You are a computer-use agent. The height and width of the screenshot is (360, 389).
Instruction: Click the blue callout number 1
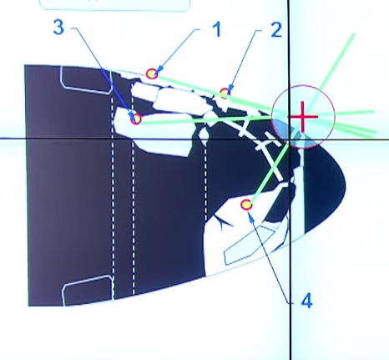pos(217,29)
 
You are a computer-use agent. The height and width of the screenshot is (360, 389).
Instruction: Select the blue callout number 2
pos(276,30)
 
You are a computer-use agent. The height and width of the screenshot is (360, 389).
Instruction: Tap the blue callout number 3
pos(58,28)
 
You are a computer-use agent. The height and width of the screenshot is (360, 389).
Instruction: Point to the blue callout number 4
pos(306,301)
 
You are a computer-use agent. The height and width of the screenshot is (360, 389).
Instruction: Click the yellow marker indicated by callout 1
pos(152,74)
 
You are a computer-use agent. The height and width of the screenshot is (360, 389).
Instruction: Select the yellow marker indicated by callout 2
pos(225,93)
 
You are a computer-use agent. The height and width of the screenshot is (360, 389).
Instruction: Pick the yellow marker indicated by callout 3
pos(136,119)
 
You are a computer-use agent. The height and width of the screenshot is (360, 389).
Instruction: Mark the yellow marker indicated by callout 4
pos(246,205)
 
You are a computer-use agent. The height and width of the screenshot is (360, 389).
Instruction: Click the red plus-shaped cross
pos(303,117)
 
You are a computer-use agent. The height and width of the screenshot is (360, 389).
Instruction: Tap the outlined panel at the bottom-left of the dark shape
pos(88,290)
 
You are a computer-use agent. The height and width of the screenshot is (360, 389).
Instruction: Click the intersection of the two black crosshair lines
pos(290,139)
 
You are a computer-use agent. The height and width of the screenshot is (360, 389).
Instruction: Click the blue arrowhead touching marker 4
pos(252,219)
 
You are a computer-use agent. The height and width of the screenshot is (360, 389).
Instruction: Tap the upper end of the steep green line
pos(354,33)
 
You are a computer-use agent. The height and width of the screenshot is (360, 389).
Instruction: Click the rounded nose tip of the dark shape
pos(346,185)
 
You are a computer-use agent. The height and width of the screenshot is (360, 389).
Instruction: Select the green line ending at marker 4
pos(270,170)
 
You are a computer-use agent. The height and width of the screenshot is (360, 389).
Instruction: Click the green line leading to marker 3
pos(206,120)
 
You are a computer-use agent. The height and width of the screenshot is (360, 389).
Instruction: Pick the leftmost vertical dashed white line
pos(113,198)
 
